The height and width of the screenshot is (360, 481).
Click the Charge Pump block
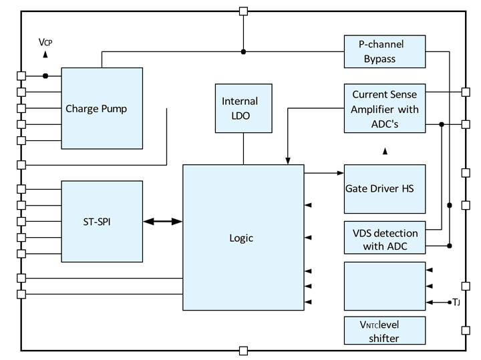tap(102, 108)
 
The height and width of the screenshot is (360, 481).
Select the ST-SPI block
tap(102, 221)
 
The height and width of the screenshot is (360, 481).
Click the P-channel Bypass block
tap(385, 51)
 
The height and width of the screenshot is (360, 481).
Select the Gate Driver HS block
tap(385, 189)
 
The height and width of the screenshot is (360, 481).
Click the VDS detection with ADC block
tap(385, 240)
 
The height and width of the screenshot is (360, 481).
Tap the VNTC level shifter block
tap(385, 331)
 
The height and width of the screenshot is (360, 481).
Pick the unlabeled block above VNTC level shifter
tap(385, 286)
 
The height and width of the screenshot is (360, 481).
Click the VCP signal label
tap(45, 42)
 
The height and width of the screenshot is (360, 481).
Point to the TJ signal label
tap(456, 303)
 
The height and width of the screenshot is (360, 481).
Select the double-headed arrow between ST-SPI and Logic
tap(162, 222)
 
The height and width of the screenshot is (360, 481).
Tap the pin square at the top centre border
tap(243, 11)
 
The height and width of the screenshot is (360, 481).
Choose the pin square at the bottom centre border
tap(243, 349)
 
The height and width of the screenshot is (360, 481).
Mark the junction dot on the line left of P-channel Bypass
tap(243, 51)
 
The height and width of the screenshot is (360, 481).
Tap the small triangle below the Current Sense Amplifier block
tap(385, 152)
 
